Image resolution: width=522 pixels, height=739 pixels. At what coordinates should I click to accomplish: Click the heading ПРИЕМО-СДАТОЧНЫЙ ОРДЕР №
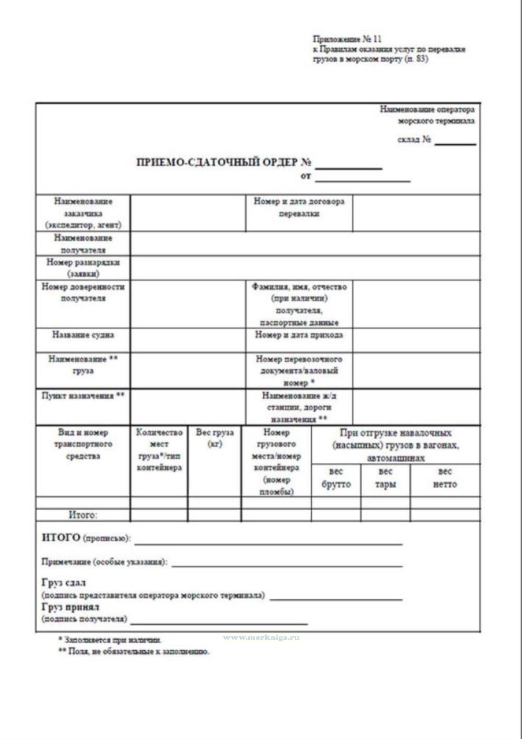pos(223,162)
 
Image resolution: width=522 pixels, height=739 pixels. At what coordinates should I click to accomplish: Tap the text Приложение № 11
pos(347,39)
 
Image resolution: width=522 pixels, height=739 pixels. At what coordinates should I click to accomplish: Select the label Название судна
pos(83,335)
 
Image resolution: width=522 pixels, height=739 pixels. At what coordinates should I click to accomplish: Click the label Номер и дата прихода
pos(299,335)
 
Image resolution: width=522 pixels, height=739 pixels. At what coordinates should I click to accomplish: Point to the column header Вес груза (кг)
pos(214,438)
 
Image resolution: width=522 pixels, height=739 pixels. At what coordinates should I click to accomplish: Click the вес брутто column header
pos(336,478)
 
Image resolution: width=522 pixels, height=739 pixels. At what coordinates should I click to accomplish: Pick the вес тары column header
pos(385,478)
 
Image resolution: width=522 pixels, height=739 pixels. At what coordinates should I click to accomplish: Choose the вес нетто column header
pos(445,478)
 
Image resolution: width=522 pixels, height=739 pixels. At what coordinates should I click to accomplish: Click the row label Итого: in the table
pos(83,515)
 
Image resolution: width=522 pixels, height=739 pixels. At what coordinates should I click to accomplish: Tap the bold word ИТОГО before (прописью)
pos(61,538)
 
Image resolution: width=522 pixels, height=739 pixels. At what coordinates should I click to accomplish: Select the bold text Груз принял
pos(70,607)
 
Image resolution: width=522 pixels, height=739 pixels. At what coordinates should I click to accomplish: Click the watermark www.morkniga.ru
pos(261,637)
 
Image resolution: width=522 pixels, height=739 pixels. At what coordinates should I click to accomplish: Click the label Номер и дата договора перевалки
pos(299,207)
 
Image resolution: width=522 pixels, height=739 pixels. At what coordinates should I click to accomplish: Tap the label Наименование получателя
pos(83,244)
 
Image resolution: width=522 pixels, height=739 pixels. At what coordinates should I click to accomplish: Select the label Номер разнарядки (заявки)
pos(83,268)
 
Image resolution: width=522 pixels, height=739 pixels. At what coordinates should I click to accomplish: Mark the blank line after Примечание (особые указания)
pos(287,566)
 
